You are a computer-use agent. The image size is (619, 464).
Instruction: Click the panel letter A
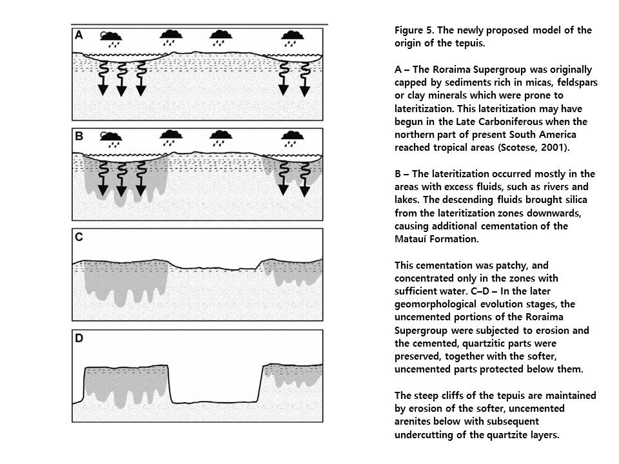(x=79, y=35)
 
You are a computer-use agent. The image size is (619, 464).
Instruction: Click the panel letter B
(x=79, y=136)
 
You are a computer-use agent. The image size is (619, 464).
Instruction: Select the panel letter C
(x=79, y=237)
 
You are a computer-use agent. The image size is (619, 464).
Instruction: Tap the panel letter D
(x=79, y=338)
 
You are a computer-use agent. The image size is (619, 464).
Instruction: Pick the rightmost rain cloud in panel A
(x=293, y=36)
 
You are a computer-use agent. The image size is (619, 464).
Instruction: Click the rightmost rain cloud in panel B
(x=293, y=137)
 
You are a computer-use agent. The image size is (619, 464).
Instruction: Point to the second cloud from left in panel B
(x=171, y=137)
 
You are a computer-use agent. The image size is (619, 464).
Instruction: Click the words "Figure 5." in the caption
(x=413, y=30)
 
